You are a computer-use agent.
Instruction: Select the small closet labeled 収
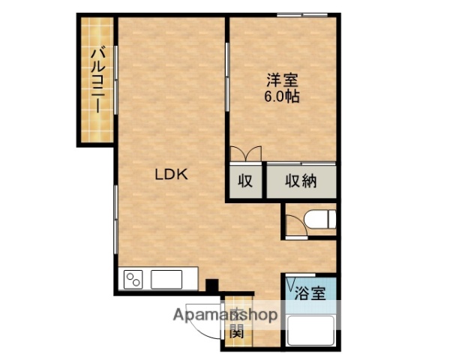[245, 181]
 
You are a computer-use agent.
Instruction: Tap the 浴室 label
[310, 292]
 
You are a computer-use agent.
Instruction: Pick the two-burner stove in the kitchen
[133, 280]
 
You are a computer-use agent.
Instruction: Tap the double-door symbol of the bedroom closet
[246, 154]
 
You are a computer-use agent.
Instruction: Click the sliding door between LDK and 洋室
[227, 79]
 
